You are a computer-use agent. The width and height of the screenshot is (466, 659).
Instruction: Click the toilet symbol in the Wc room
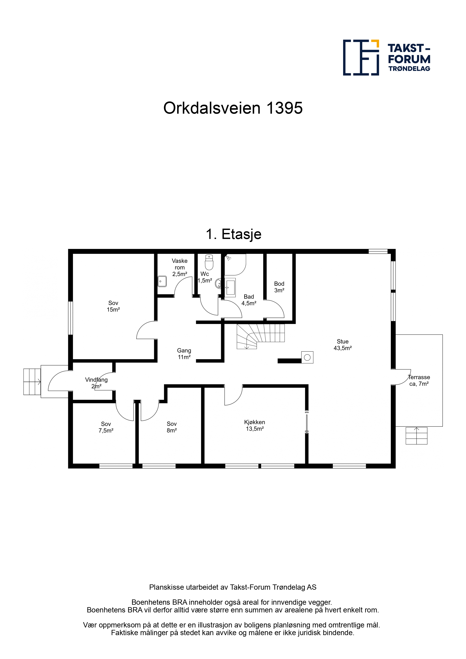tap(209, 262)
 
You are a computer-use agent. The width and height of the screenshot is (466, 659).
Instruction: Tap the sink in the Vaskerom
tap(162, 281)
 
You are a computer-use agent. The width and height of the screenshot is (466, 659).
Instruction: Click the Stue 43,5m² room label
tap(343, 345)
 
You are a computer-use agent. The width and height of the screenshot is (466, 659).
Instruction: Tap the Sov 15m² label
tap(113, 306)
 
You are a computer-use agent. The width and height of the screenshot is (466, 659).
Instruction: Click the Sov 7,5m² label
tap(106, 427)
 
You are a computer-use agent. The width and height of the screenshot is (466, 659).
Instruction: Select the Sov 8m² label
tap(172, 427)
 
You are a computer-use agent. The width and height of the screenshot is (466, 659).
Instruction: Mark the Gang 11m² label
tap(184, 354)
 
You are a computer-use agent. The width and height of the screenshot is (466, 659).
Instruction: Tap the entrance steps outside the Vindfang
tap(32, 382)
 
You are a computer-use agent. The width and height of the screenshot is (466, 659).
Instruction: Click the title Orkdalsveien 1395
tap(233, 108)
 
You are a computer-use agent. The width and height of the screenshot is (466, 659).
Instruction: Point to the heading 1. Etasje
tap(233, 234)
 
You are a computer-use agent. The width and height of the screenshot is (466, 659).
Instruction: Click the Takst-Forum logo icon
tap(361, 58)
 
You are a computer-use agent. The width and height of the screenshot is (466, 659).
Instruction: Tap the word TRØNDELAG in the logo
tap(409, 69)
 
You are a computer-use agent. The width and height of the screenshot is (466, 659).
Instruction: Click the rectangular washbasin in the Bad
tap(230, 287)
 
